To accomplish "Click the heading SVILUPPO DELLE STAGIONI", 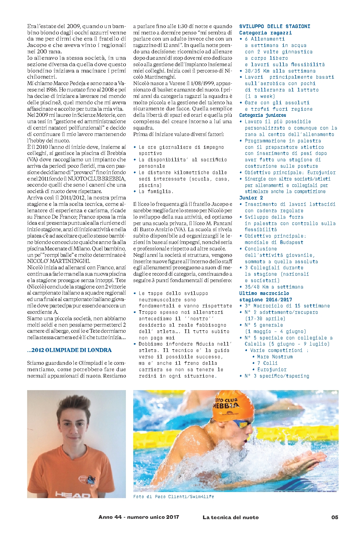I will (x=275, y=27).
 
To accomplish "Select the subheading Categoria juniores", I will (x=262, y=115).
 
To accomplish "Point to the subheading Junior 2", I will (x=251, y=198).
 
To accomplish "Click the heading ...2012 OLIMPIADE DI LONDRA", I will (x=69, y=350).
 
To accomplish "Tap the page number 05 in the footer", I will (x=335, y=517).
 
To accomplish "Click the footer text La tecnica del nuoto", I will (x=230, y=517).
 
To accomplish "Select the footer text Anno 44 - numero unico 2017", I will (x=139, y=517).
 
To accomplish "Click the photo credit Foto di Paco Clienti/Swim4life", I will (x=174, y=497).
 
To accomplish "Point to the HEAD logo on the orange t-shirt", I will (x=72, y=494).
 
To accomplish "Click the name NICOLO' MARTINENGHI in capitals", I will (x=59, y=261).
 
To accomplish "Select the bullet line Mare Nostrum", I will (x=275, y=357).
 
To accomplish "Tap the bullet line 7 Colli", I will (x=267, y=363).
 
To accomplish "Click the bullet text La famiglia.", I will (x=156, y=192).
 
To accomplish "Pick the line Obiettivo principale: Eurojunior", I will (x=290, y=173).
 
